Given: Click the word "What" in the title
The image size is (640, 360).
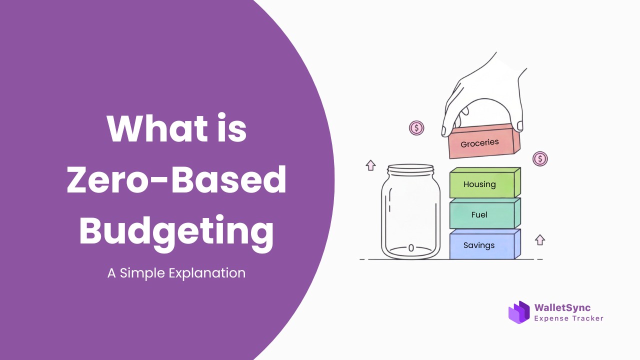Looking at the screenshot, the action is [157, 128].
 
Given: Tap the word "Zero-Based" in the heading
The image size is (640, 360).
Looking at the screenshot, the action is [176, 179].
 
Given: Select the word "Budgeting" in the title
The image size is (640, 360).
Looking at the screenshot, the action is [176, 233].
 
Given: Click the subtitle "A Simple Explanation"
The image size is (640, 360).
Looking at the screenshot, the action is [176, 273].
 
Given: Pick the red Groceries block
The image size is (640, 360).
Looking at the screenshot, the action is [484, 141].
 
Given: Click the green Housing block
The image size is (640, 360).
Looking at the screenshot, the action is [485, 183].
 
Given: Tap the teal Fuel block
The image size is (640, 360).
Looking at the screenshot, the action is [485, 213].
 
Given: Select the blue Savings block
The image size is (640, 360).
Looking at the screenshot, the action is [485, 244].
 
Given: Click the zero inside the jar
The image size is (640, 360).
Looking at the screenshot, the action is [411, 248].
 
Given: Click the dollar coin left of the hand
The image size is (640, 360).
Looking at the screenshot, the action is [416, 128].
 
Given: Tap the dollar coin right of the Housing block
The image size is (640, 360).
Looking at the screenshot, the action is [540, 158].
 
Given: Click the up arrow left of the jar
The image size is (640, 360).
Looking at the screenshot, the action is [370, 165].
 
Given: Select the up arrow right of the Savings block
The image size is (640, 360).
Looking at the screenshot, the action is [539, 240].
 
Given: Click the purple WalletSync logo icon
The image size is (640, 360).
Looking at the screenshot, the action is [519, 312].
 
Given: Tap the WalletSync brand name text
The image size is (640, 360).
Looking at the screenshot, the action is [562, 307].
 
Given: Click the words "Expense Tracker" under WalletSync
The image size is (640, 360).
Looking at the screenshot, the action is [568, 318].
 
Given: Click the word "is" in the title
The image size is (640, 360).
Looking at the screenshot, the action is [231, 128].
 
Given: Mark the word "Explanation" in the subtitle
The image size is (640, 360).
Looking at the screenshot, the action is [207, 273].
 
